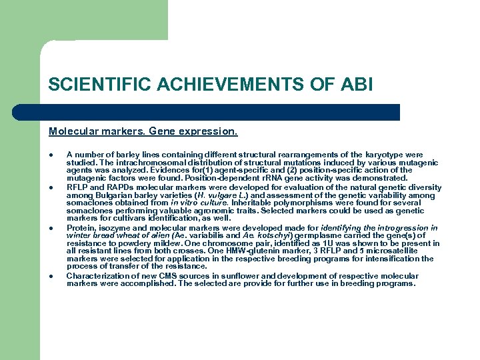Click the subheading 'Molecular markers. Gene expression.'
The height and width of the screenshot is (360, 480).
point(143,132)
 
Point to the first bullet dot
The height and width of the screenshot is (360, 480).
point(51,155)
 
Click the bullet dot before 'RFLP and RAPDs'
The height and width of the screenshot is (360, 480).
point(51,188)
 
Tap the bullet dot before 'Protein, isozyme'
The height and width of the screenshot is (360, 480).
point(51,228)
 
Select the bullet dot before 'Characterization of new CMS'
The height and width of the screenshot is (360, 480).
point(51,276)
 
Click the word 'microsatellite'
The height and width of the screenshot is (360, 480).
point(408,251)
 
